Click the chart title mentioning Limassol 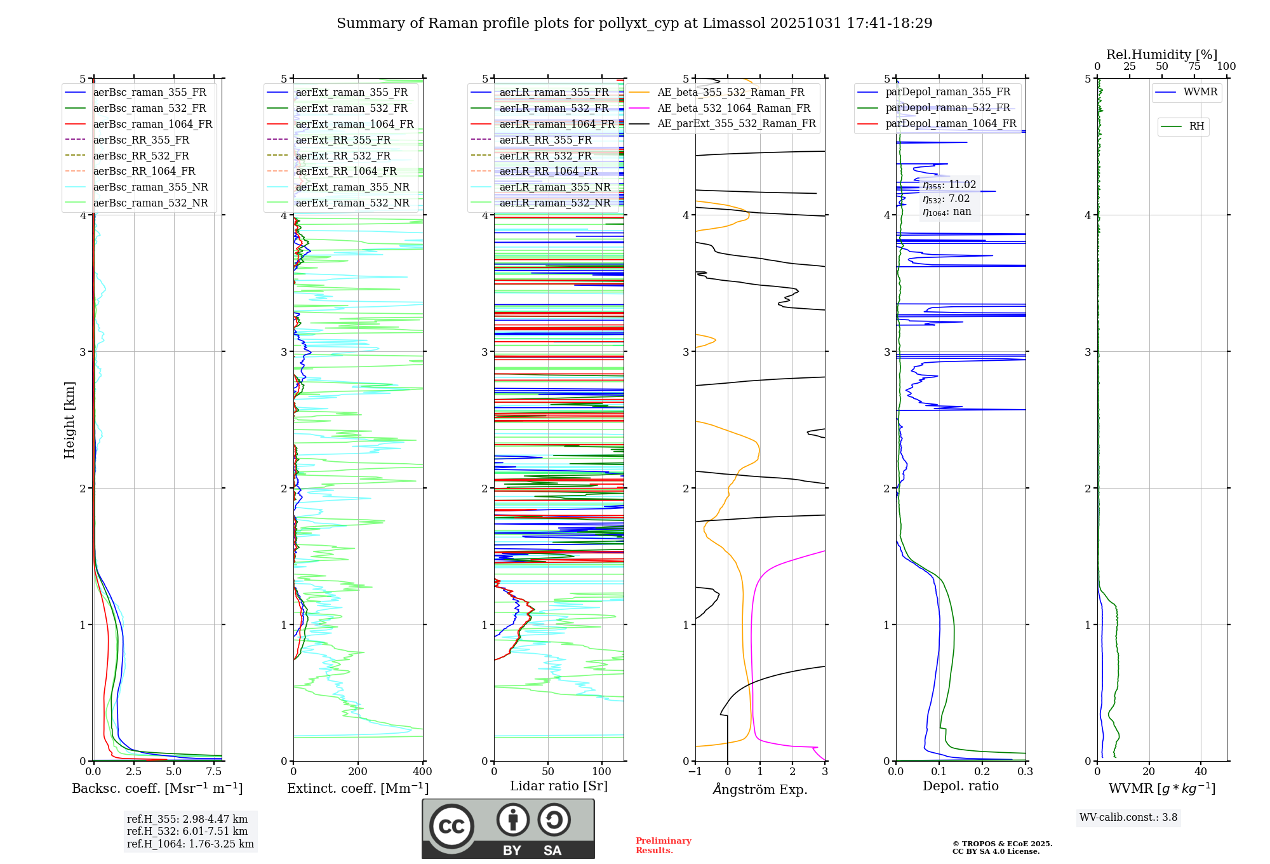coord(634,24)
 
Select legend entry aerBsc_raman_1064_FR coord(152,125)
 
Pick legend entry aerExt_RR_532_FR coord(343,156)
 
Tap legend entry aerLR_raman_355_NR coord(554,187)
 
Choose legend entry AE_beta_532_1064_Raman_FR coord(733,109)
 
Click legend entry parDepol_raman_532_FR coord(947,108)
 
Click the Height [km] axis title coord(69,420)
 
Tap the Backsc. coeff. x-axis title coord(157,788)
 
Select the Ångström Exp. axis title coord(760,790)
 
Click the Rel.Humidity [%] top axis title coord(1161,55)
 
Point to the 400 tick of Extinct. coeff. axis coord(422,772)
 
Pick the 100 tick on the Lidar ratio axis coord(602,772)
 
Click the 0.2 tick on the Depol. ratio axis coord(982,772)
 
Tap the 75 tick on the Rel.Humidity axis coord(1194,67)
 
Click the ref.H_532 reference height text coord(187,832)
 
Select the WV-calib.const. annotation coord(1128,818)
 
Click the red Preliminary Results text coord(663,846)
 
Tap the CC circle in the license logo coord(451,827)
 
